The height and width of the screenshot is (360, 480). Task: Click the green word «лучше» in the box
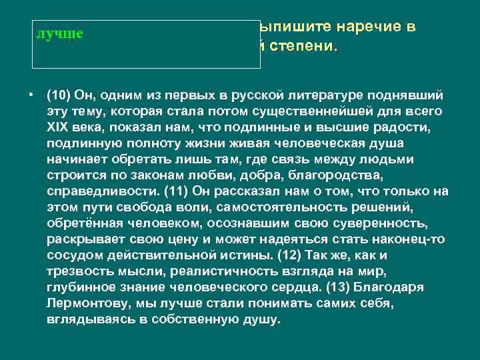[x=59, y=33]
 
